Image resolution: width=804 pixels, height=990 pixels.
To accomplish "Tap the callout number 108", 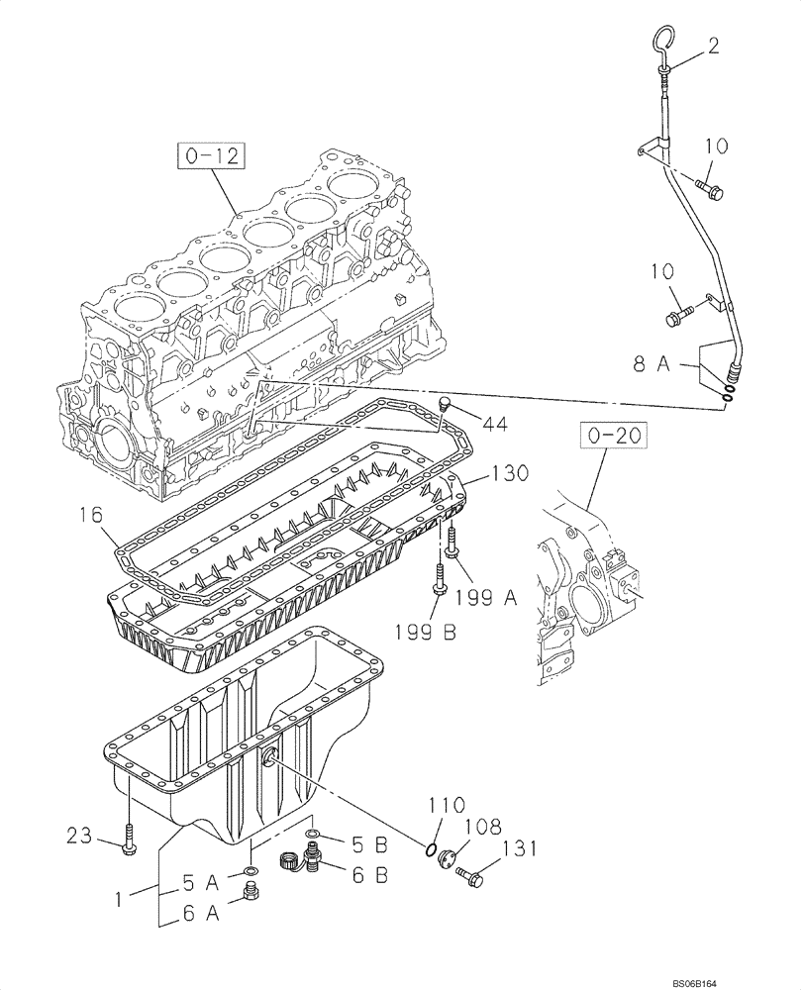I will point(482,824).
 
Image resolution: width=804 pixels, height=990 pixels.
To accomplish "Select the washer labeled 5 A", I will point(251,871).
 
